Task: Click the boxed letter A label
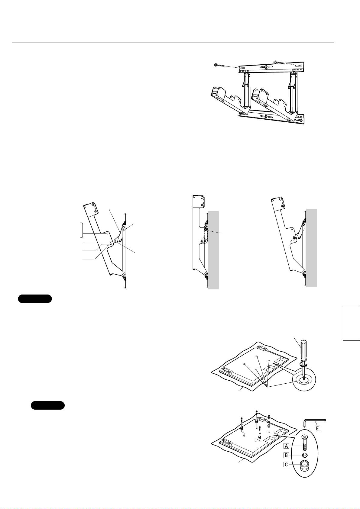click(286, 446)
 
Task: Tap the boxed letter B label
click(286, 455)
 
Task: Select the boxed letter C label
click(286, 465)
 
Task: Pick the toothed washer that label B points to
click(304, 455)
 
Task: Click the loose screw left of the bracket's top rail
click(219, 66)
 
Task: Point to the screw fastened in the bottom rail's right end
click(300, 120)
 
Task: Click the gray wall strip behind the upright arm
click(213, 250)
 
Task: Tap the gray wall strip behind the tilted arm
click(311, 248)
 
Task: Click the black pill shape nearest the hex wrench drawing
click(48, 405)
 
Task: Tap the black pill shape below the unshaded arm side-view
click(35, 298)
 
